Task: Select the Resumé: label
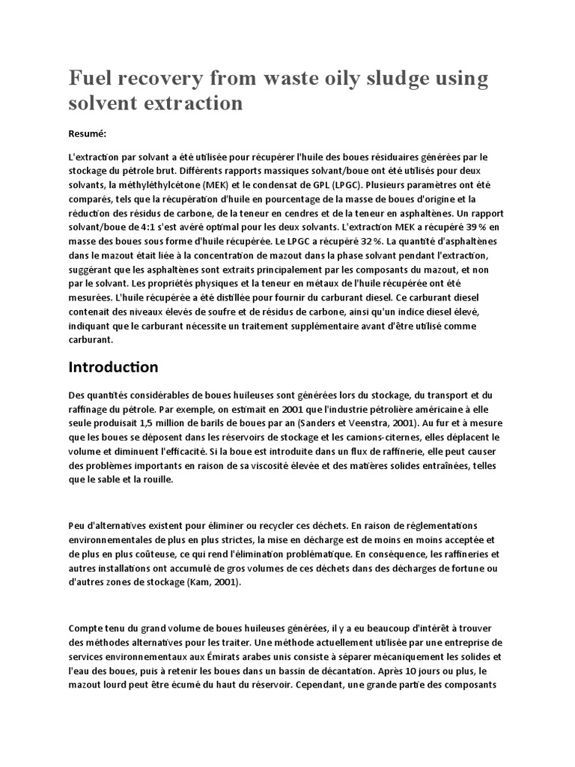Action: [x=88, y=134]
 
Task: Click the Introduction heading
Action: [x=113, y=367]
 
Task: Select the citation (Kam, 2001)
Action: [x=210, y=581]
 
